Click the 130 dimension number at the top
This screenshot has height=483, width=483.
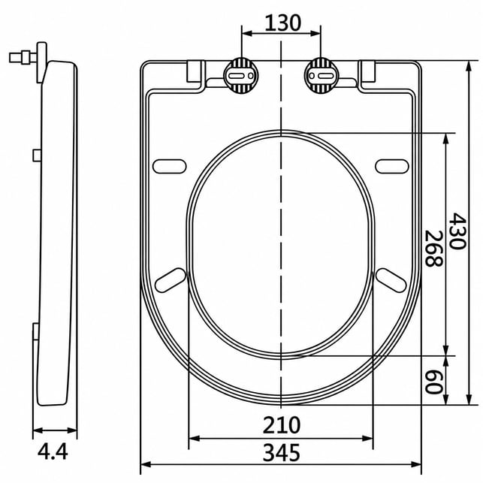[x=282, y=23]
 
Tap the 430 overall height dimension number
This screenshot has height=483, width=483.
[x=457, y=231]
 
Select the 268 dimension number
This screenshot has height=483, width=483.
[x=433, y=248]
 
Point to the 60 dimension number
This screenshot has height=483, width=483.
[x=433, y=382]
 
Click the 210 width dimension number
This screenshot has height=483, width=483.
[x=281, y=425]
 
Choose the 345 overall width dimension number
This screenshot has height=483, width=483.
[x=281, y=453]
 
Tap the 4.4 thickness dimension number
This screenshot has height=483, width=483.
[x=53, y=452]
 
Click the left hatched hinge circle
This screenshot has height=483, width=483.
[x=241, y=76]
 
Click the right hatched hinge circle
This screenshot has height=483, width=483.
[x=321, y=76]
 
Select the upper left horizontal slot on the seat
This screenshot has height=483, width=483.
[x=170, y=166]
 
